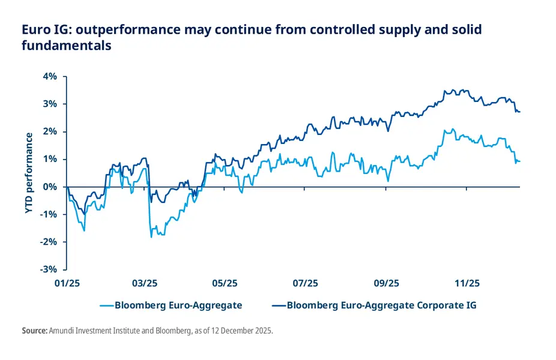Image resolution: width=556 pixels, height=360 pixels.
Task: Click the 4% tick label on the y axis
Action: click(x=49, y=76)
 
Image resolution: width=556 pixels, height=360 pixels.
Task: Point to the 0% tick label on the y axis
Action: click(x=49, y=187)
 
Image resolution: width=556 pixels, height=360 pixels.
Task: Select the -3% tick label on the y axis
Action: click(x=47, y=269)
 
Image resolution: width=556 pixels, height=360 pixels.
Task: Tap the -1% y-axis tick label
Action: click(x=47, y=214)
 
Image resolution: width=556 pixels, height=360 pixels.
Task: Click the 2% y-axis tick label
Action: click(x=49, y=131)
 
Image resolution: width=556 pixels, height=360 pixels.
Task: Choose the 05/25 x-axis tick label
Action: click(x=225, y=283)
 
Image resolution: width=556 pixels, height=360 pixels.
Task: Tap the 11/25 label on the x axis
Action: click(x=467, y=283)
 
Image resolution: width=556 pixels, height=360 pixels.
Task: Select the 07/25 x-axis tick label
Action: click(x=306, y=283)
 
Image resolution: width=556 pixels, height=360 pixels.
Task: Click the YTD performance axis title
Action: click(x=29, y=173)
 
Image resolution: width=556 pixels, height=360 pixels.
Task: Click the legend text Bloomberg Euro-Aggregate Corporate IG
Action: click(x=381, y=305)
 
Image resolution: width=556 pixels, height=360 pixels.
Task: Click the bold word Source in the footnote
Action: click(x=34, y=331)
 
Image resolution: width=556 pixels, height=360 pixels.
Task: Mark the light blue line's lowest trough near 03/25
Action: click(x=151, y=237)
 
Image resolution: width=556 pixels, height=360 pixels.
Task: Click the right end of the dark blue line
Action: click(x=519, y=112)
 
